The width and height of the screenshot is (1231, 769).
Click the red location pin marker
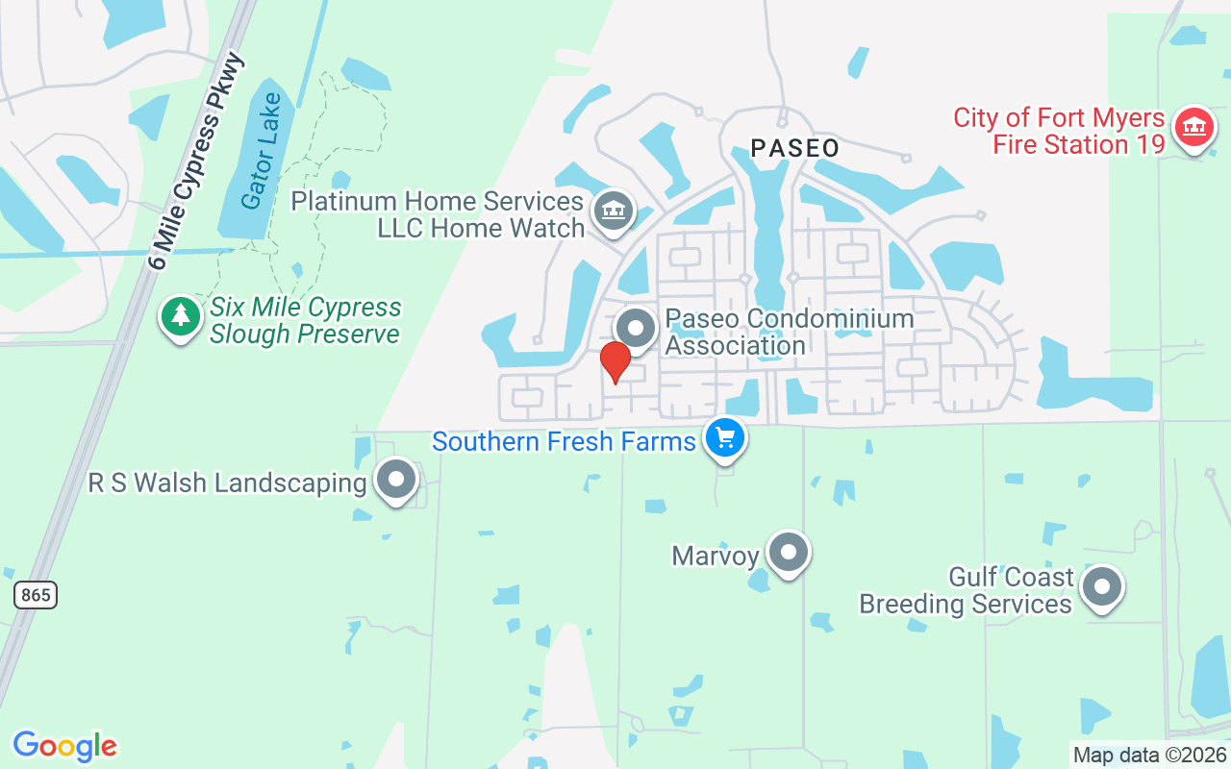[615, 362]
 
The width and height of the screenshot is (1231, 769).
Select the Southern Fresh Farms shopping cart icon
[725, 439]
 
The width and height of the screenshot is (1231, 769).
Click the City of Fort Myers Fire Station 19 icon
[1194, 127]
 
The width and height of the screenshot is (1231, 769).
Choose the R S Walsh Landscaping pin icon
[395, 480]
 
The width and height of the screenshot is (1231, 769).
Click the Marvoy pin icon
[789, 553]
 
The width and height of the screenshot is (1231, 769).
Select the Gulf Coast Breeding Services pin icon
[1102, 586]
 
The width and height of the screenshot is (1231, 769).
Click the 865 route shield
[36, 595]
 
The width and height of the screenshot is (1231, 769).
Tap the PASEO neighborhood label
[794, 148]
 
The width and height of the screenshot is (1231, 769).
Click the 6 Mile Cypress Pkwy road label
[199, 161]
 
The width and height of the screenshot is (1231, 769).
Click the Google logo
[65, 746]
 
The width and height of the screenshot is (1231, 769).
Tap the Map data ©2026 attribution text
[1149, 755]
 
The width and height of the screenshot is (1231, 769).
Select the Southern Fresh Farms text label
[564, 442]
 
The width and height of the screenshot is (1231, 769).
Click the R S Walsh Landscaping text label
[228, 483]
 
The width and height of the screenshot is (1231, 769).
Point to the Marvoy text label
[716, 556]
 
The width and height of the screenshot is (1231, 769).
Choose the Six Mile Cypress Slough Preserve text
[305, 321]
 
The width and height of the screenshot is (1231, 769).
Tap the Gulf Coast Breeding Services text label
[966, 590]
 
